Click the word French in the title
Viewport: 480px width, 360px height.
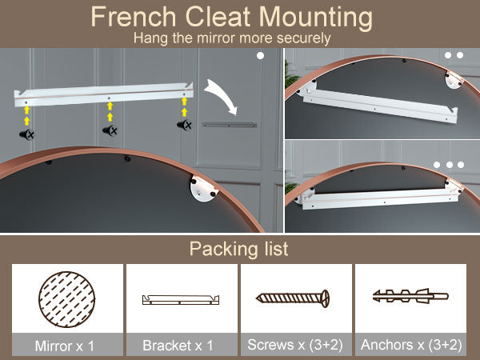point(134,17)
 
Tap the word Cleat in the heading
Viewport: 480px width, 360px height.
point(218,17)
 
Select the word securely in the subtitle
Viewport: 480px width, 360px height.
point(303,38)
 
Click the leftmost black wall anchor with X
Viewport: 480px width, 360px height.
point(27,134)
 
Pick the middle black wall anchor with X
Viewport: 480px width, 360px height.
point(110,130)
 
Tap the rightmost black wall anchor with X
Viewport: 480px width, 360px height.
point(185,125)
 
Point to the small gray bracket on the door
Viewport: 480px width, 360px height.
point(230,125)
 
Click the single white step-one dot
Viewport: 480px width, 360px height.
point(260,56)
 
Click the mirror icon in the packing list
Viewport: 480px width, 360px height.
point(66,299)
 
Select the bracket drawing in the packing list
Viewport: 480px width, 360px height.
point(181,299)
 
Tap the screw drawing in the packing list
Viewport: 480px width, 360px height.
point(293,298)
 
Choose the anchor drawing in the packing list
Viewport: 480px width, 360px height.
point(410,296)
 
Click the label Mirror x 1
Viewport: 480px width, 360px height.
point(65,346)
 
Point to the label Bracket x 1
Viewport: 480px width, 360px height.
point(178,346)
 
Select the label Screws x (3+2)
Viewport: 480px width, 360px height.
point(295,345)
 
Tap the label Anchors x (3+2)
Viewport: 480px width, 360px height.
point(411,345)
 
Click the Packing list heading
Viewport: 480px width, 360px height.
point(238,249)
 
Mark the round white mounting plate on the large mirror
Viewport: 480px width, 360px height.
point(203,187)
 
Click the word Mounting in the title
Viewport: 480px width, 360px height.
point(316,18)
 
